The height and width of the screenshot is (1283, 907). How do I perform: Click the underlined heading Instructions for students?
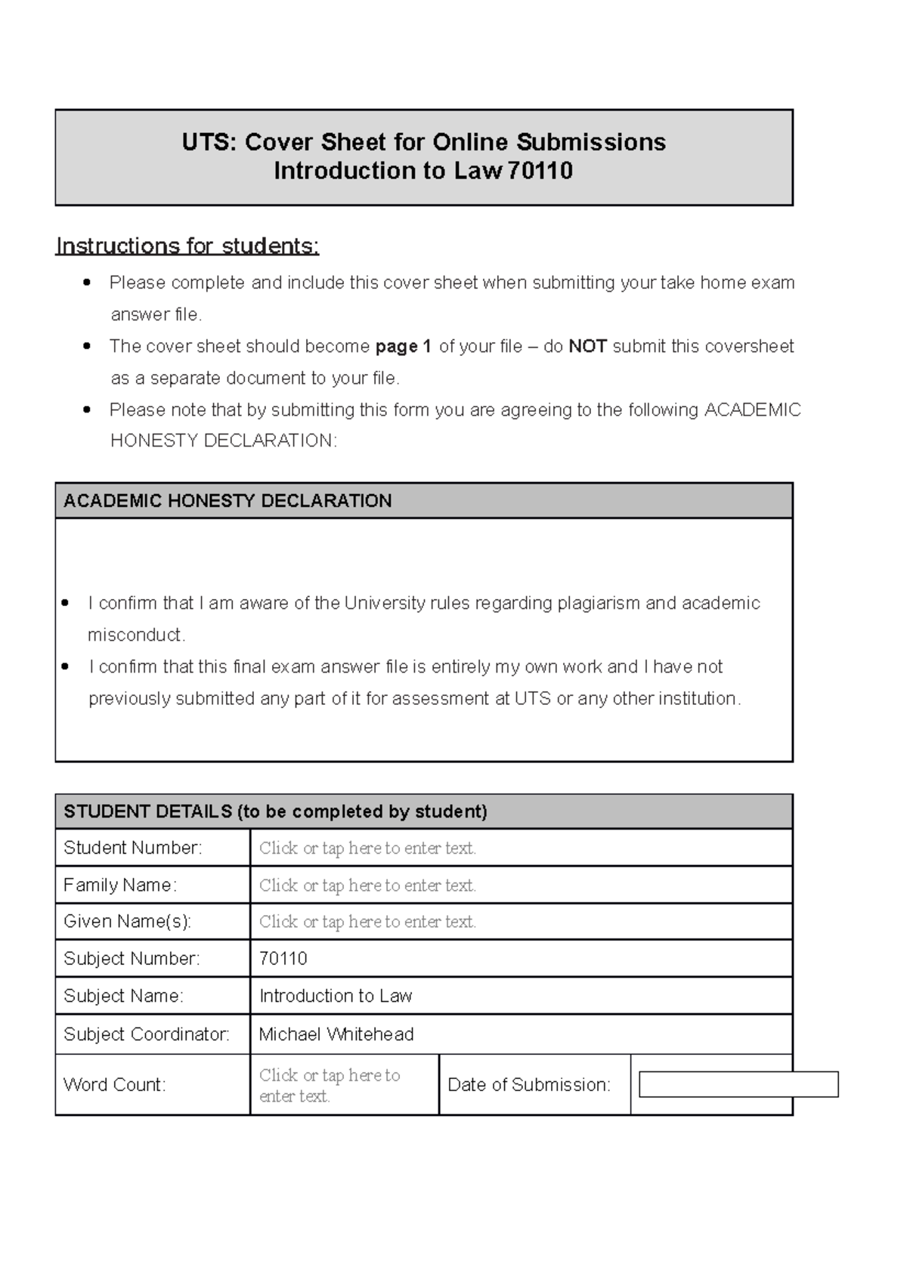(187, 246)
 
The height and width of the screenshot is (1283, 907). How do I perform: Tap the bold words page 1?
(403, 347)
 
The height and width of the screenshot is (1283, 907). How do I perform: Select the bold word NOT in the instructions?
(587, 347)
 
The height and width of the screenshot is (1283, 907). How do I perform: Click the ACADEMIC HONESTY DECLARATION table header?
(228, 501)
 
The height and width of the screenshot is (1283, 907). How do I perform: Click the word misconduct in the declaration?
(135, 635)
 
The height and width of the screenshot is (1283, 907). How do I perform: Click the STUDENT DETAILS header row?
(275, 812)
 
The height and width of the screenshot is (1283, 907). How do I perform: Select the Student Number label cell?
(133, 848)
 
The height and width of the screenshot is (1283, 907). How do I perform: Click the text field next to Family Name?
(367, 885)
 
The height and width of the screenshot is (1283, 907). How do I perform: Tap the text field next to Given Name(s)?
(367, 922)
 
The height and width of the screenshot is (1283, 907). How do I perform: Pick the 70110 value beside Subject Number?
(283, 959)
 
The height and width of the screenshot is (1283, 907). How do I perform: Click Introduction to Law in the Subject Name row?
(336, 996)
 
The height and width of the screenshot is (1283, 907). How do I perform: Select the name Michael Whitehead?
(336, 1034)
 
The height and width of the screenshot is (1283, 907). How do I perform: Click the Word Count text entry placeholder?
(330, 1085)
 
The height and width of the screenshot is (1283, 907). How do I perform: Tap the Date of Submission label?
(529, 1085)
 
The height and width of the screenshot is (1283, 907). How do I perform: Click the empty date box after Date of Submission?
(738, 1084)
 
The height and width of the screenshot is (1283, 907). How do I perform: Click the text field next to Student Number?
(367, 848)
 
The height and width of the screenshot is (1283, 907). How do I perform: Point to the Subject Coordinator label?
(147, 1034)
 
